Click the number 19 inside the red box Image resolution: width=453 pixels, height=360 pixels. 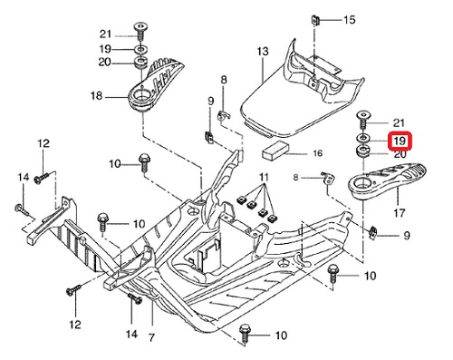(400, 141)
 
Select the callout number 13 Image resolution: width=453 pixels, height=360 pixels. (263, 52)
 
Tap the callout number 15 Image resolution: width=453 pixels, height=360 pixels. (350, 20)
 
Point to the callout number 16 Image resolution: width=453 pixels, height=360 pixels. (318, 153)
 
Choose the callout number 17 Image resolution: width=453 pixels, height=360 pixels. (400, 213)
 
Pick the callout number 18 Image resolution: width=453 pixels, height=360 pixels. (97, 96)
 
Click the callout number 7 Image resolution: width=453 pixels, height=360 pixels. (151, 337)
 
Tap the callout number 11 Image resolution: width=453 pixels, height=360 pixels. (264, 177)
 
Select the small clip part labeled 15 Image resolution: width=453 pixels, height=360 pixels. (315, 21)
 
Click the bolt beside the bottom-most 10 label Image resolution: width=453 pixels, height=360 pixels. (244, 333)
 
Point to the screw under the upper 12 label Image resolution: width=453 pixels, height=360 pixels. (41, 178)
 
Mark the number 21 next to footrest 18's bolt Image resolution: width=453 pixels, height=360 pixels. (105, 34)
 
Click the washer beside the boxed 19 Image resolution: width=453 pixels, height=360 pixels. (362, 138)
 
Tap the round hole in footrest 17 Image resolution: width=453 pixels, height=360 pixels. (361, 182)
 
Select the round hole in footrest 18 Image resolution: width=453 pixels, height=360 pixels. (140, 94)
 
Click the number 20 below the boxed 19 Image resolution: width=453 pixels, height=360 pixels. (400, 154)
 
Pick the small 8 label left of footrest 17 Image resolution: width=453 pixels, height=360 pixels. (295, 177)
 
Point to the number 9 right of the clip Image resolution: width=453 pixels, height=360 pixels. (407, 235)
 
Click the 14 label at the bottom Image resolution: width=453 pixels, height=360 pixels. (131, 334)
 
